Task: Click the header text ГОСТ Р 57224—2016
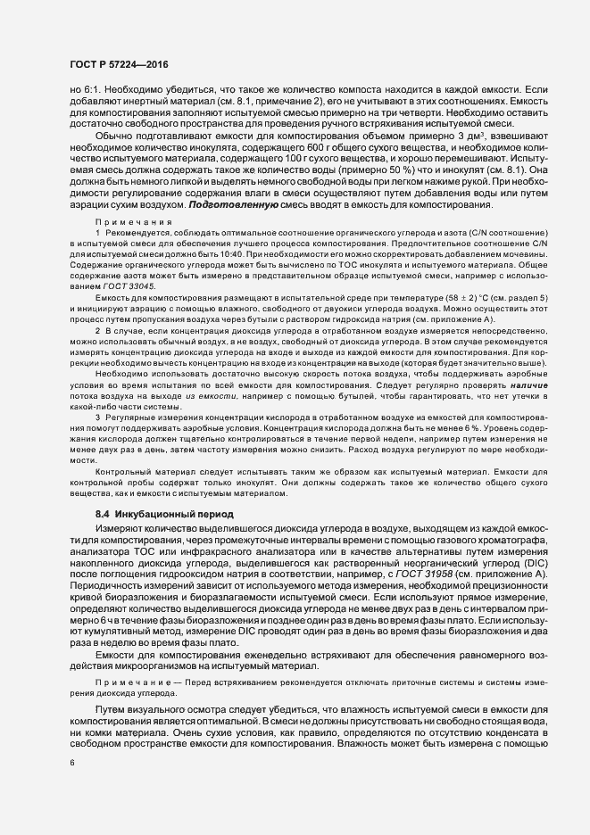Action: tap(118, 65)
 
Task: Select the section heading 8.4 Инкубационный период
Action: tap(152, 514)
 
